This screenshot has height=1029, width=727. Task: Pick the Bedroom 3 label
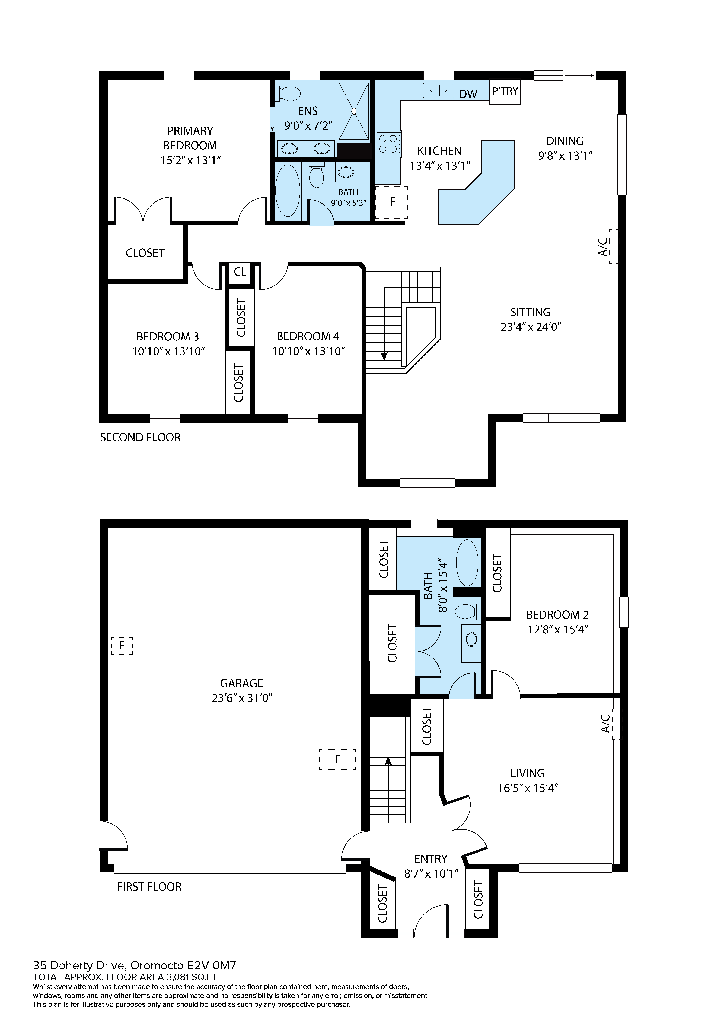tap(168, 337)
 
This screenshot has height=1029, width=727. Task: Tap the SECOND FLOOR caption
tap(140, 437)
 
